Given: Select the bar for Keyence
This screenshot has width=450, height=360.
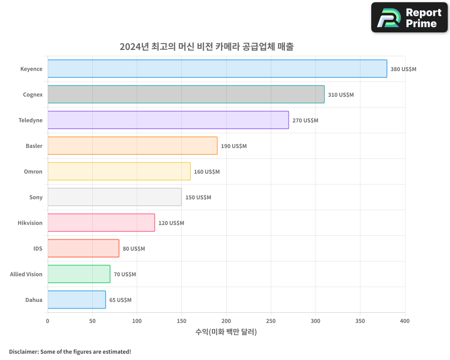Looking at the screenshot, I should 217,69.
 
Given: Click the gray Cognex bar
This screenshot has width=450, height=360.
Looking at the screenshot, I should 186,94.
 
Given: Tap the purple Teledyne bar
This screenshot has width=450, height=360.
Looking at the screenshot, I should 168,120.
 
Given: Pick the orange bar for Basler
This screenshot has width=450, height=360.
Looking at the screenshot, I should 132,146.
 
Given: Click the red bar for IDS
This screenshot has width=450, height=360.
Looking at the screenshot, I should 83,248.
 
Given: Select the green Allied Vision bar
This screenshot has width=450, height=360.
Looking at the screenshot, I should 79,274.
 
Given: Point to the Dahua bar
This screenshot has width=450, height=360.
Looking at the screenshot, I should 76,300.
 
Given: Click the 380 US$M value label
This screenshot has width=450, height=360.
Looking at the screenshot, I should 403,69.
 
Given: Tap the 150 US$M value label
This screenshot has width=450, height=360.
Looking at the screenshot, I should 198,198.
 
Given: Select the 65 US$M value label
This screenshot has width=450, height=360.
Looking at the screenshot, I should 120,300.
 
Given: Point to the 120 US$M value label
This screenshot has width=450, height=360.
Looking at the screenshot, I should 171,223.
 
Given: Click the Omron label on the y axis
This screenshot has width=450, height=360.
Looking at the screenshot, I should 33,171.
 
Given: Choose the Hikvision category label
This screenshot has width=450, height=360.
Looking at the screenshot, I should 30,223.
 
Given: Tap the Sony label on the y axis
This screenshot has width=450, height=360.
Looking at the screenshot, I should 36,197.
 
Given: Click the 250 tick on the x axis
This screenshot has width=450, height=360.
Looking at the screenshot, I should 271,321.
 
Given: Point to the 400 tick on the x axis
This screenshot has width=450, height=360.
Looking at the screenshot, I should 405,321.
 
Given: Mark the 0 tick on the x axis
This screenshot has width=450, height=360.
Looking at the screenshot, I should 48,321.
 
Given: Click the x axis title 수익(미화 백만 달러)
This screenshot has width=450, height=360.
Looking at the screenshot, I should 226,332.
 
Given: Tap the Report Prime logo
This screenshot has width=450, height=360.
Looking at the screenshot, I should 409,18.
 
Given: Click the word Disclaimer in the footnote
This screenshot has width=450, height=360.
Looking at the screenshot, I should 23,352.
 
